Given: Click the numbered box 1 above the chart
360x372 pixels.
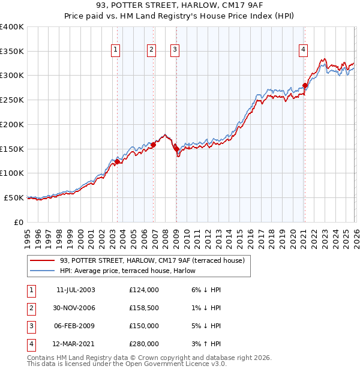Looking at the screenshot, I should (115, 50).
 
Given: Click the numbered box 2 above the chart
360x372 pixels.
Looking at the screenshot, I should (151, 50).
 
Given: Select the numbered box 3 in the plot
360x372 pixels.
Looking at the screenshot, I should (175, 50).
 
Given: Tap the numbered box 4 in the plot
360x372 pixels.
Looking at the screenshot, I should (304, 50).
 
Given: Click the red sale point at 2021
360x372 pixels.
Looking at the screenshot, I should (305, 86).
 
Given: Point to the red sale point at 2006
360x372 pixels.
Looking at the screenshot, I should (154, 145).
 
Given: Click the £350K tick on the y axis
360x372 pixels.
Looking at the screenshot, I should (12, 52).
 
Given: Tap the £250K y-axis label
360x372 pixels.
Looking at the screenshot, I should (12, 100).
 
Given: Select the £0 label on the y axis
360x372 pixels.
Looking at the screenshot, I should (18, 222).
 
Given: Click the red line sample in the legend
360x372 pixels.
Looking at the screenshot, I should (43, 261).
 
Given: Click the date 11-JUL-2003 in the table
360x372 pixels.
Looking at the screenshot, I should (76, 289).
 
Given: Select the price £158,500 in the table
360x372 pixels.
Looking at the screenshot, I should (144, 308).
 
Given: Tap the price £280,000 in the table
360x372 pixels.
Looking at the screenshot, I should (144, 344).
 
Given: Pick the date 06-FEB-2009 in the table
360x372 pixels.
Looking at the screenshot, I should (76, 326).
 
